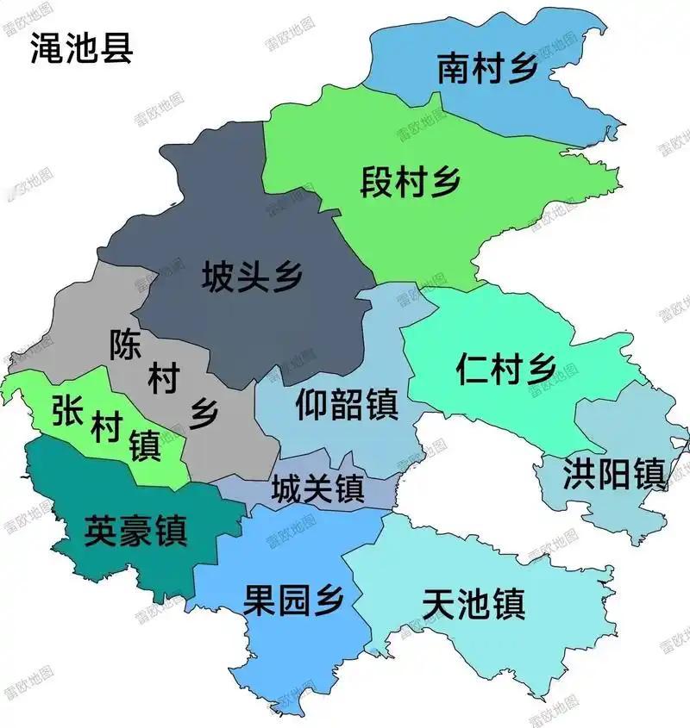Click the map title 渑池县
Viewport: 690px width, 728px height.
pos(81,47)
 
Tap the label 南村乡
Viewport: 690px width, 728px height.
pos(487,69)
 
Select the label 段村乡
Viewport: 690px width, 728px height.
pos(411,182)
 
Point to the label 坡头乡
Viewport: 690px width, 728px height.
pos(252,277)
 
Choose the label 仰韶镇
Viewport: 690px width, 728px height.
pos(347,403)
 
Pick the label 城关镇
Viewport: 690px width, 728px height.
pos(317,491)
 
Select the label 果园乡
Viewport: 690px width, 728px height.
pos(294,599)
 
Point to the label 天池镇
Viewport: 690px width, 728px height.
pos(474,603)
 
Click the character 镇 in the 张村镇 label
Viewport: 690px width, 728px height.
pos(145,446)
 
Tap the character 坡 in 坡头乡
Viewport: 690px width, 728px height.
pos(217,277)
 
